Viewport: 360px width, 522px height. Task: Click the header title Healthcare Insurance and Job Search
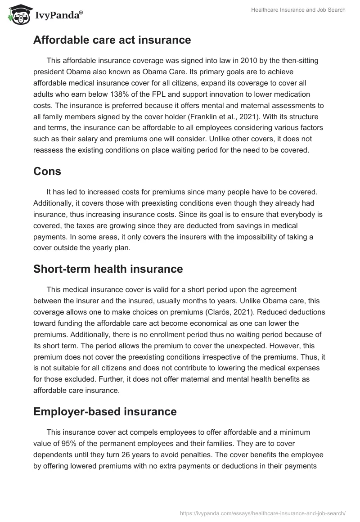point(298,10)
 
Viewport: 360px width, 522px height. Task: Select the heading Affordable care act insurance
point(112,40)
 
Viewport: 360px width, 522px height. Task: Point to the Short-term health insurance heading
point(108,269)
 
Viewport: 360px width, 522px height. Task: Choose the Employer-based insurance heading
point(105,411)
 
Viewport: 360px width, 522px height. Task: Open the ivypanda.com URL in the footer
point(263,513)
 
